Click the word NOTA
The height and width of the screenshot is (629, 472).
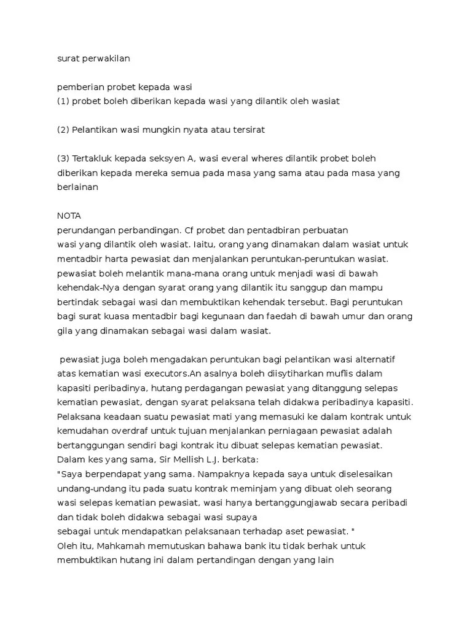69,216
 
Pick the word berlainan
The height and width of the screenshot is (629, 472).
77,187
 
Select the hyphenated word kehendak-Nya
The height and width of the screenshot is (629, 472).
84,287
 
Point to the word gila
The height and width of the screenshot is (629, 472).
65,330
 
